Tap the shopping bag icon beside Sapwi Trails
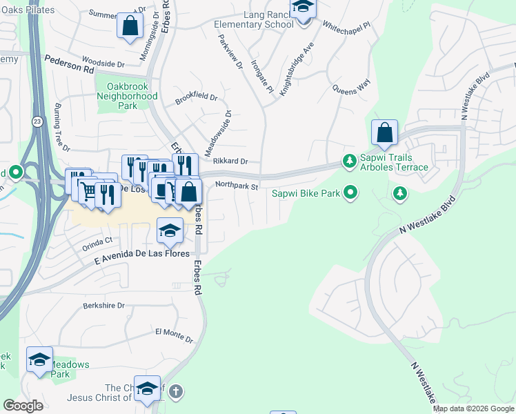(384, 132)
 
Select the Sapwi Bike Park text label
(306, 193)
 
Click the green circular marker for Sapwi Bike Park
(351, 193)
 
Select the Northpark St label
(236, 186)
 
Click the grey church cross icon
(176, 391)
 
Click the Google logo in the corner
(23, 406)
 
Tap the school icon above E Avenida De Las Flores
(170, 232)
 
